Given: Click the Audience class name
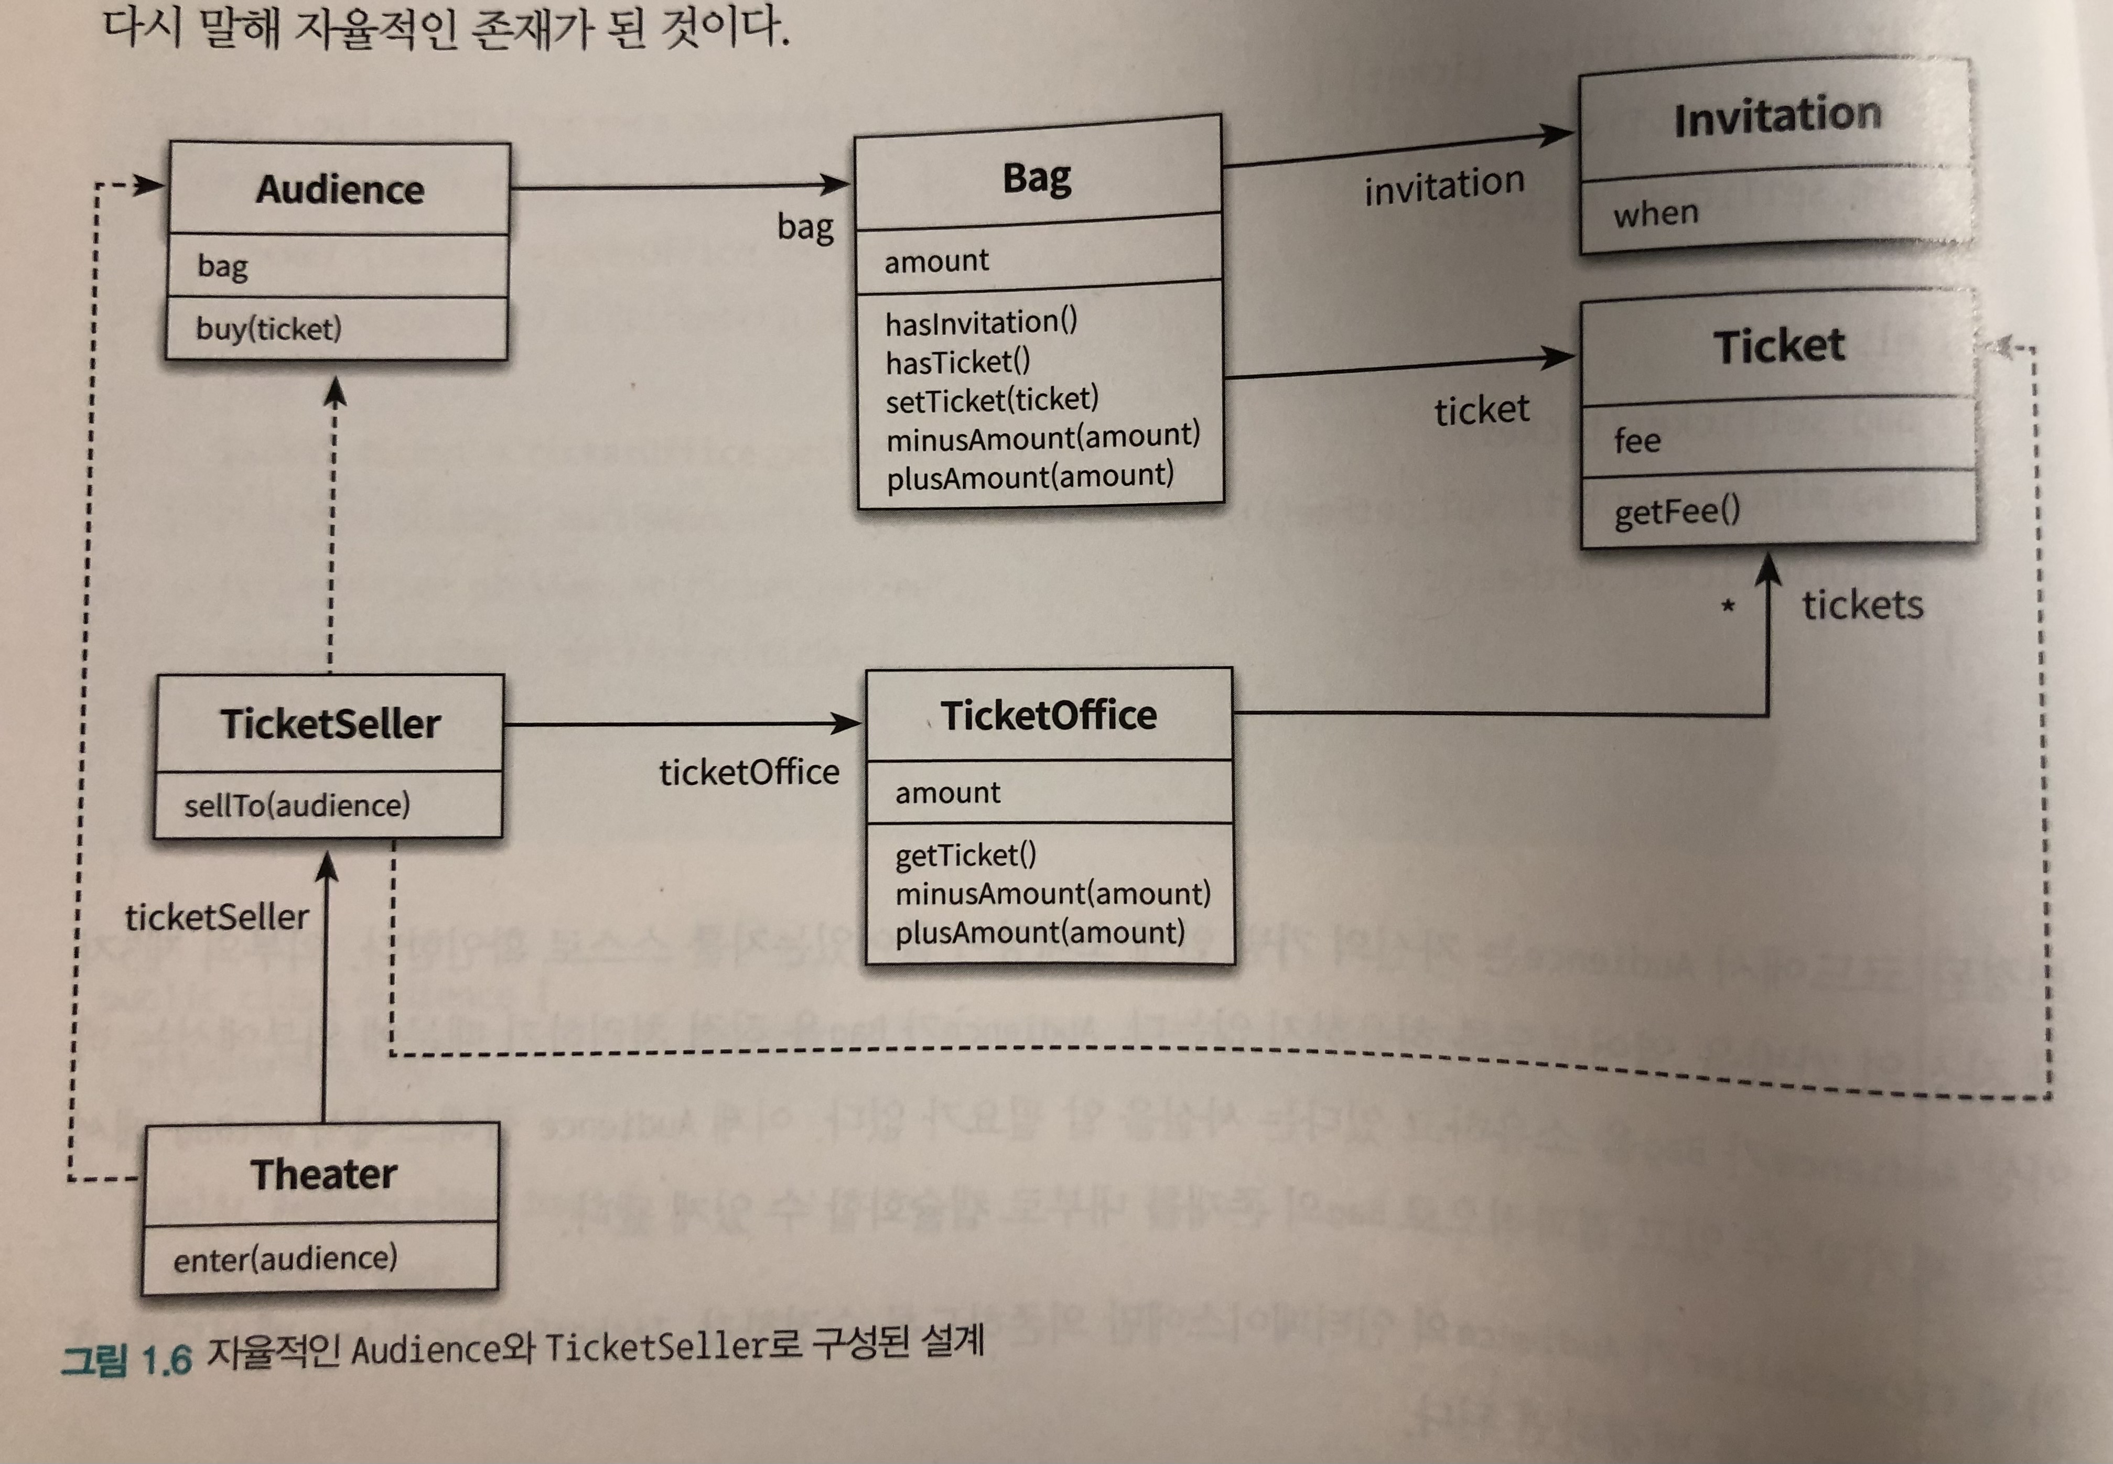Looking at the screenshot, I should [x=339, y=190].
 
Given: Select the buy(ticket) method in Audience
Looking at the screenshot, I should [x=268, y=328].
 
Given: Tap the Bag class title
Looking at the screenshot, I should [x=1037, y=178].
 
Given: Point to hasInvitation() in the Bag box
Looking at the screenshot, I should [x=981, y=322].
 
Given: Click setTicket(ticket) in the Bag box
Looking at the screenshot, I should [x=992, y=400].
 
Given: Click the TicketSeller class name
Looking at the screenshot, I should [x=330, y=724].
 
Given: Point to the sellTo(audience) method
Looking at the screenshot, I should [x=296, y=805].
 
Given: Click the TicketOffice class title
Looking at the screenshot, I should [x=1049, y=715].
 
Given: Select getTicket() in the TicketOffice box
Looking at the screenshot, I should [x=965, y=855].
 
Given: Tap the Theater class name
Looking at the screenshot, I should [x=324, y=1174].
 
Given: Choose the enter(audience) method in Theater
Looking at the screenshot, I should [x=285, y=1259].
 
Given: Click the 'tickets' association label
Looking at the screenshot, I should [x=1862, y=605].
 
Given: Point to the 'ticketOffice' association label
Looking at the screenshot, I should [x=749, y=773].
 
